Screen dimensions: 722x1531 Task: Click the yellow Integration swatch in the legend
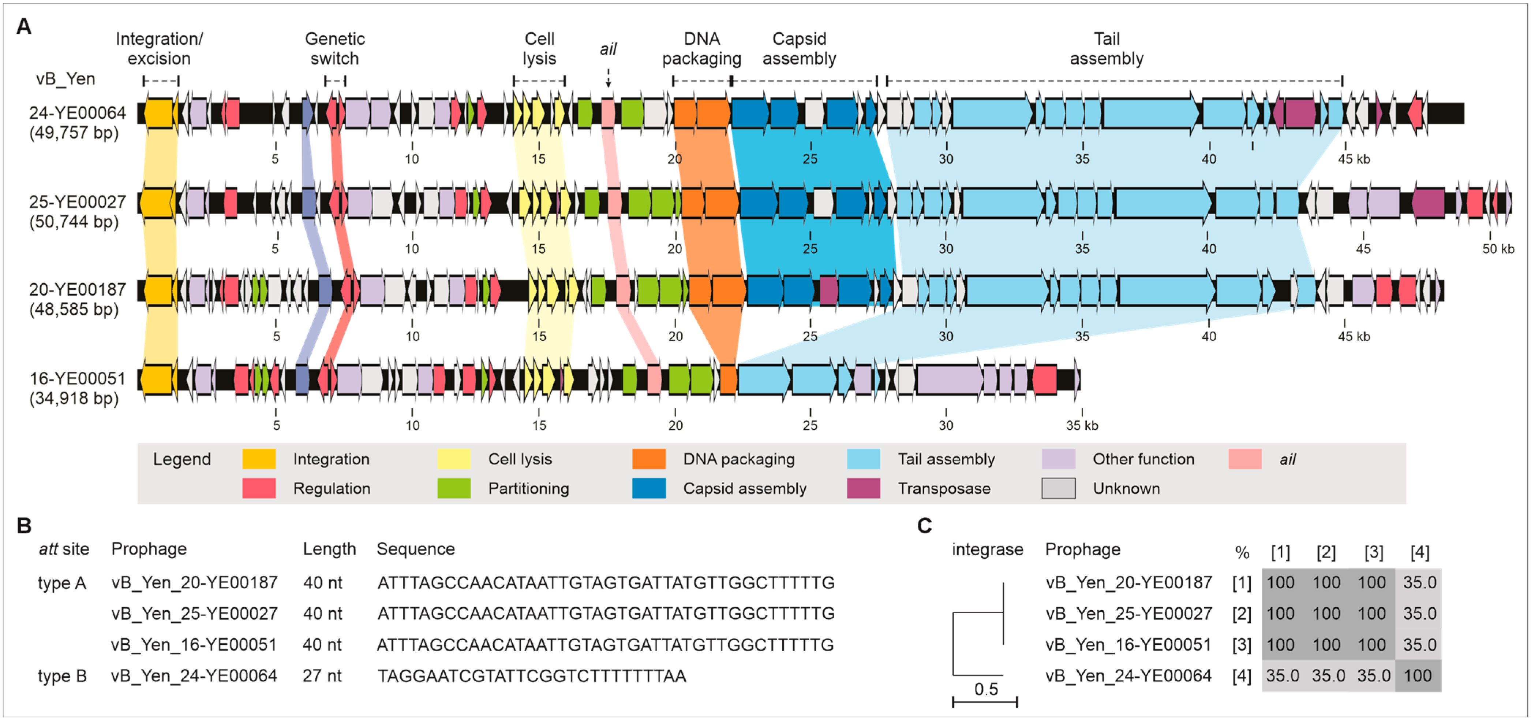click(259, 459)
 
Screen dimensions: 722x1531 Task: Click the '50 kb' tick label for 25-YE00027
click(1498, 249)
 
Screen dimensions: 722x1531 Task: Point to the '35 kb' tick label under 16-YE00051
click(1082, 425)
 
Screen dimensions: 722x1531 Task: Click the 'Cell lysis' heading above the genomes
click(539, 49)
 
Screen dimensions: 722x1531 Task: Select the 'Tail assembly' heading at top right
click(1106, 49)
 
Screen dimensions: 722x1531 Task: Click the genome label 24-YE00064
click(77, 112)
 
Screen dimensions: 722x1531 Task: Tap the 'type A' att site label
click(62, 583)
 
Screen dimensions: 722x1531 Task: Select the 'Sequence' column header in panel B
click(415, 549)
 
